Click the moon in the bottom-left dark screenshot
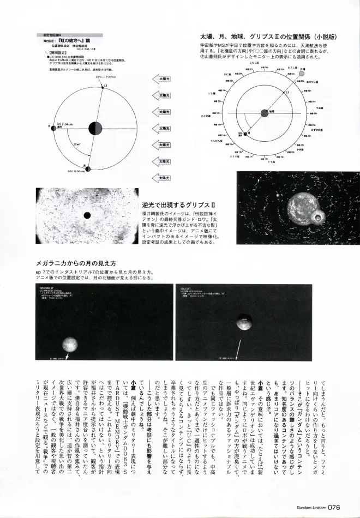69,345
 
